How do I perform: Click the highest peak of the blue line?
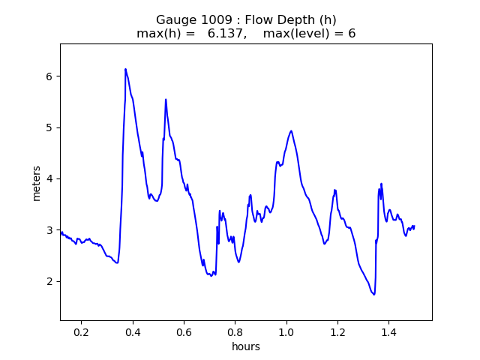pyautogui.click(x=125, y=69)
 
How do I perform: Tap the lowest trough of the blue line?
pyautogui.click(x=374, y=295)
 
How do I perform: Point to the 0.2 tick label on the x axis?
pyautogui.click(x=82, y=332)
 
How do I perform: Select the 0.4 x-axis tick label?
pyautogui.click(x=133, y=332)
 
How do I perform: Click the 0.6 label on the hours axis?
pyautogui.click(x=184, y=332)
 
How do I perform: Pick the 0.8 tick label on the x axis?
pyautogui.click(x=235, y=332)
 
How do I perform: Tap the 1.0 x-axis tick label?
pyautogui.click(x=286, y=332)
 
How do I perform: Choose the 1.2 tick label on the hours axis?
pyautogui.click(x=337, y=332)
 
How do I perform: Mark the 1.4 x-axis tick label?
pyautogui.click(x=388, y=332)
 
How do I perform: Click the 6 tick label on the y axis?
pyautogui.click(x=49, y=76)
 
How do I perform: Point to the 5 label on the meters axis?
pyautogui.click(x=49, y=127)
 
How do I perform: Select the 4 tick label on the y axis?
pyautogui.click(x=49, y=178)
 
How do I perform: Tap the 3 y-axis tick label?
pyautogui.click(x=49, y=230)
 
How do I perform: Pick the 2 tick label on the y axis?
pyautogui.click(x=49, y=281)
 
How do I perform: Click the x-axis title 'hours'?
pyautogui.click(x=246, y=346)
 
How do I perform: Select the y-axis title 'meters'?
pyautogui.click(x=36, y=183)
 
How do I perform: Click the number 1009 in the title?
pyautogui.click(x=217, y=20)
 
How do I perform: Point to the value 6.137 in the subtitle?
pyautogui.click(x=225, y=33)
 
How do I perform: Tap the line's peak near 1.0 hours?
pyautogui.click(x=291, y=131)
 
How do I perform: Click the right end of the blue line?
pyautogui.click(x=414, y=226)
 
